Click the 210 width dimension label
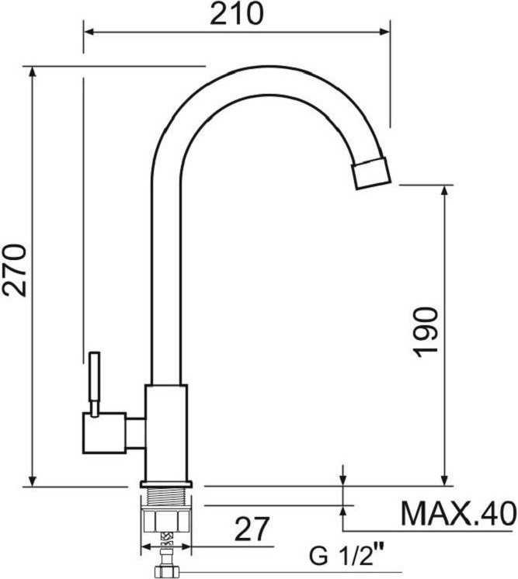tap(237, 14)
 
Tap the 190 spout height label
tap(426, 332)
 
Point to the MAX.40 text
tap(458, 514)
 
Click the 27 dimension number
tap(252, 529)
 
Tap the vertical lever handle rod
tap(95, 384)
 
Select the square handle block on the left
tap(105, 433)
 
